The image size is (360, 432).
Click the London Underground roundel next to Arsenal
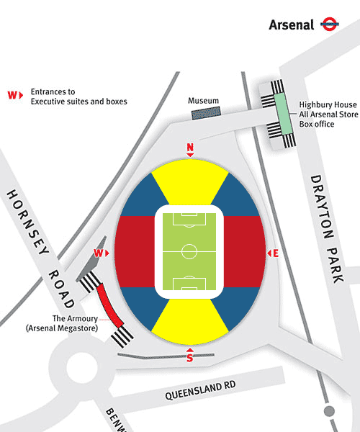[330, 24]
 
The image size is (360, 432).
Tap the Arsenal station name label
[292, 24]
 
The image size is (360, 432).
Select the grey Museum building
[206, 113]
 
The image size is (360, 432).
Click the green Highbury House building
[283, 114]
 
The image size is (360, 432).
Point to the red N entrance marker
[190, 150]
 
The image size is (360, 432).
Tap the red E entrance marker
[273, 253]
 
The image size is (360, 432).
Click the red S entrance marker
[190, 355]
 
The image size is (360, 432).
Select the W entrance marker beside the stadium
[102, 253]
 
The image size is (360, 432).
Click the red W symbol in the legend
[15, 95]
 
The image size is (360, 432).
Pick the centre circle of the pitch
[189, 251]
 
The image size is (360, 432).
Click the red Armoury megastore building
[109, 305]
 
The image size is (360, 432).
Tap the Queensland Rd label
[200, 390]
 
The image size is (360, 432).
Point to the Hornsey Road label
[40, 248]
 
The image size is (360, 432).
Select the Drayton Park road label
[327, 229]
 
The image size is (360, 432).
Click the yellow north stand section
[190, 182]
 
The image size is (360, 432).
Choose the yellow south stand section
[190, 322]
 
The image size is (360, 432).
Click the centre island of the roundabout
[82, 367]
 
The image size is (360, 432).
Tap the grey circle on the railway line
[329, 411]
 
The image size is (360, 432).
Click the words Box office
[317, 124]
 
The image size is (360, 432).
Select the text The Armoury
[75, 318]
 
